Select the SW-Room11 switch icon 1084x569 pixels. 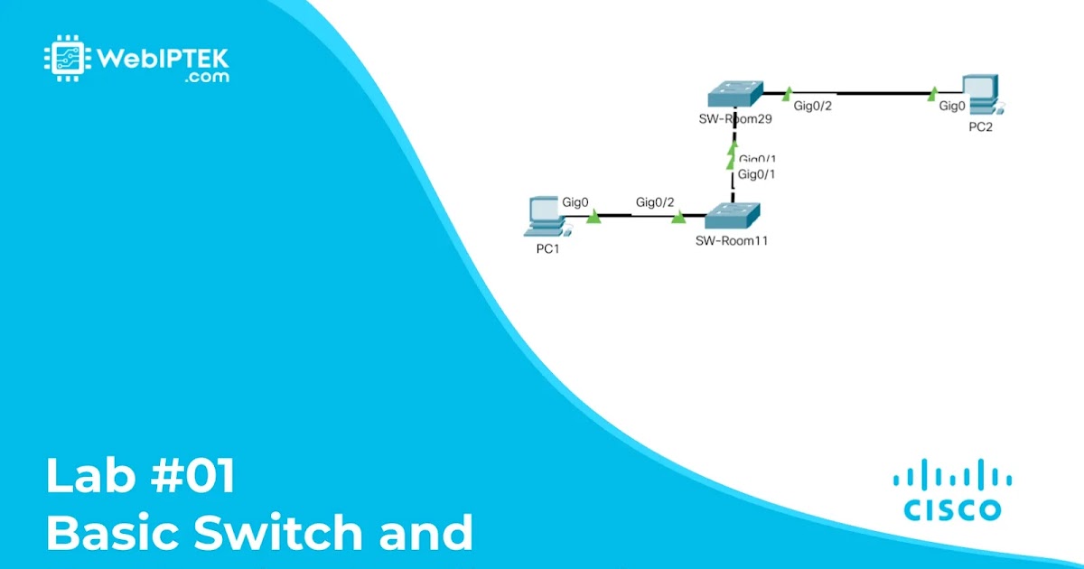(733, 217)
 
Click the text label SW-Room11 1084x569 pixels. (732, 241)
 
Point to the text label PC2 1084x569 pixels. (980, 127)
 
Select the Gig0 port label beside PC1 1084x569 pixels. (575, 202)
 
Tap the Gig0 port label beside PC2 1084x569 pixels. (952, 107)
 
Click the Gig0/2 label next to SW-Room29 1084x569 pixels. (812, 107)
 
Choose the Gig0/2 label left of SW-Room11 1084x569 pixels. (655, 202)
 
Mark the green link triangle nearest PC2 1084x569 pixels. (933, 91)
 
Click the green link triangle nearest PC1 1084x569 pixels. (593, 217)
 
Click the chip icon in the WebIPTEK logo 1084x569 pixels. (65, 58)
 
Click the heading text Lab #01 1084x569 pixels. (141, 477)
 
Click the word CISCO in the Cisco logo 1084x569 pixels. (952, 509)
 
